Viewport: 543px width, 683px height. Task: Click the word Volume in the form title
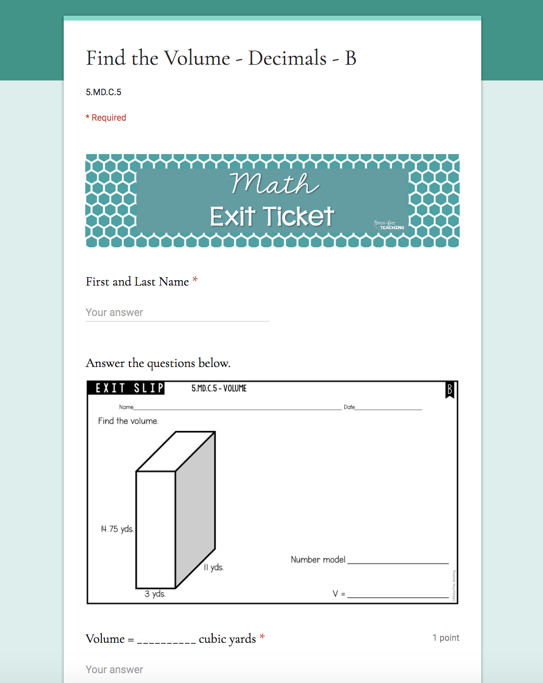pyautogui.click(x=197, y=58)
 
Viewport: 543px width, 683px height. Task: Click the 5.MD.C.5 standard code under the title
pyautogui.click(x=103, y=92)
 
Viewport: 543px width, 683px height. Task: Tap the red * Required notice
pyautogui.click(x=106, y=118)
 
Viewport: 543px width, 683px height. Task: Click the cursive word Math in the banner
pyautogui.click(x=274, y=184)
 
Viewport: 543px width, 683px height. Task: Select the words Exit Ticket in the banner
pyautogui.click(x=272, y=216)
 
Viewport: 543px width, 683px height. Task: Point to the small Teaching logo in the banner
pyautogui.click(x=389, y=225)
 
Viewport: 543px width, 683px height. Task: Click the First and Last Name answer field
pyautogui.click(x=177, y=313)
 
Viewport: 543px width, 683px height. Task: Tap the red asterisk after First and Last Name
pyautogui.click(x=195, y=280)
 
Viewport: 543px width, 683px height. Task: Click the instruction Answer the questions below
pyautogui.click(x=158, y=363)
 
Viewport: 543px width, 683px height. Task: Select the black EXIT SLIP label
pyautogui.click(x=126, y=388)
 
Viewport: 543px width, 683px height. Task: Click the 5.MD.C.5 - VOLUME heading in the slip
pyautogui.click(x=219, y=388)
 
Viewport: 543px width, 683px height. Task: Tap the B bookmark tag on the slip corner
pyautogui.click(x=449, y=390)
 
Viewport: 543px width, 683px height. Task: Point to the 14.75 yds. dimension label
pyautogui.click(x=117, y=529)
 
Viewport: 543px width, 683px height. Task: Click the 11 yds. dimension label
pyautogui.click(x=214, y=567)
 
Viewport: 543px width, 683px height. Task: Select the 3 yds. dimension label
pyautogui.click(x=155, y=594)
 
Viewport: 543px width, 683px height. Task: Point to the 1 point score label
pyautogui.click(x=445, y=638)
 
